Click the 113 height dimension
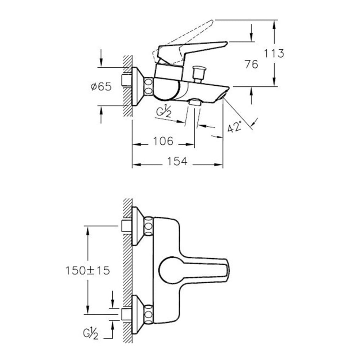coord(274,53)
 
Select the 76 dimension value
coord(251,64)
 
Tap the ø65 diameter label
coord(101,86)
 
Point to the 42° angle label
coord(235,126)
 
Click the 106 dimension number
coord(163,141)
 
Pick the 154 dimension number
coord(177,161)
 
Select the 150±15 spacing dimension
coord(88,270)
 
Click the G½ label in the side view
coord(164,112)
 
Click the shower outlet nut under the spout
coord(195,102)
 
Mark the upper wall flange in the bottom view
coord(138,226)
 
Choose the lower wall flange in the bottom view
coord(138,314)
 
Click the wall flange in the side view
coord(138,86)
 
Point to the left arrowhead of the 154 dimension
coord(136,165)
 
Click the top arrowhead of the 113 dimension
coord(274,24)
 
